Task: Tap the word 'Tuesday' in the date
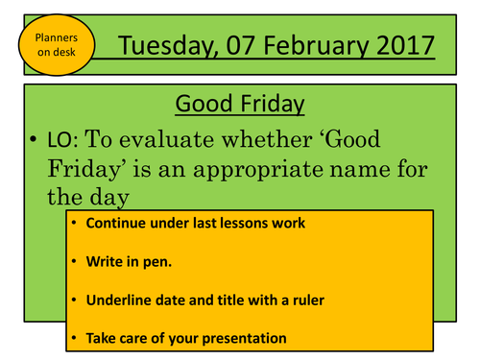(x=169, y=44)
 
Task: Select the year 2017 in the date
(x=398, y=44)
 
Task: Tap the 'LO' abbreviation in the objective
(x=59, y=140)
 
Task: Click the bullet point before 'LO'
(x=34, y=140)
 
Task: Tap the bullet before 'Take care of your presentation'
(x=72, y=338)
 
